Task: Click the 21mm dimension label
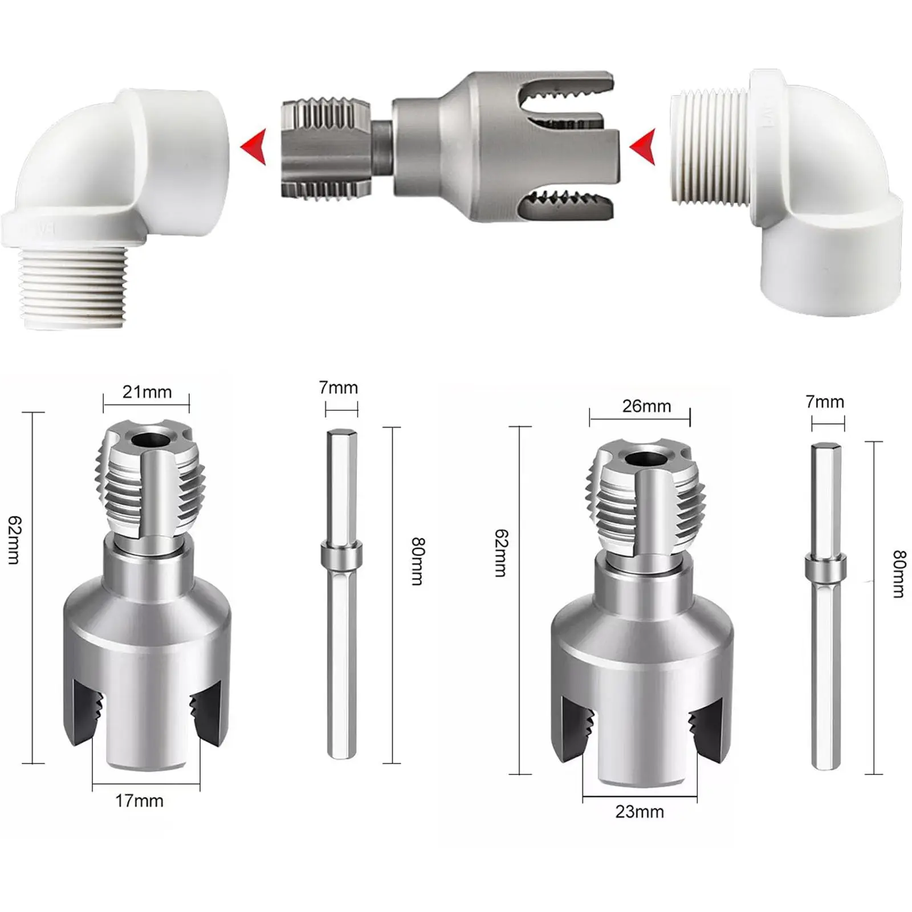(x=146, y=392)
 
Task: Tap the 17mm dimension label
(x=139, y=801)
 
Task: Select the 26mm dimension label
(x=646, y=406)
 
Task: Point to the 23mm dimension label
(x=640, y=812)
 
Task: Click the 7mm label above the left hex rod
(x=338, y=388)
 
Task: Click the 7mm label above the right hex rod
(x=824, y=402)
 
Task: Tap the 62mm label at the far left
(x=14, y=540)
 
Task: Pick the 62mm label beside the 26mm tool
(x=501, y=553)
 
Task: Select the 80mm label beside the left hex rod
(x=418, y=561)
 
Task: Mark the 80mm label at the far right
(x=899, y=574)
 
